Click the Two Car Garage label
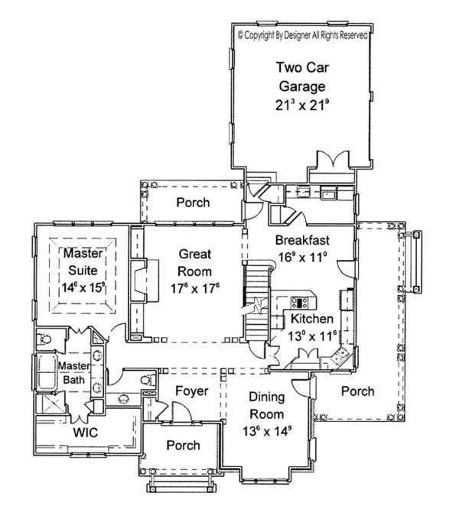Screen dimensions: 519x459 pyautogui.click(x=301, y=76)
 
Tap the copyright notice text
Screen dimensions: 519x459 pyautogui.click(x=304, y=34)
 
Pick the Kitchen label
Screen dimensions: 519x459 pyautogui.click(x=311, y=318)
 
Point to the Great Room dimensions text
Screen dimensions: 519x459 pyautogui.click(x=195, y=289)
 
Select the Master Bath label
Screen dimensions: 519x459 pyautogui.click(x=73, y=375)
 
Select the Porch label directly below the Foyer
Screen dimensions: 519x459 pyautogui.click(x=183, y=445)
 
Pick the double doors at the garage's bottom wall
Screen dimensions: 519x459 pyautogui.click(x=329, y=163)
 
